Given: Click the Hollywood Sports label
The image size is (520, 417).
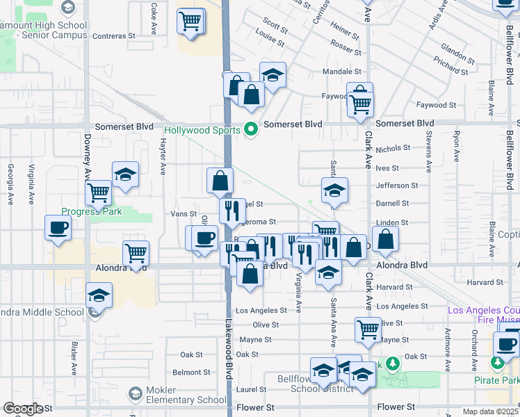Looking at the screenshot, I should pyautogui.click(x=202, y=130).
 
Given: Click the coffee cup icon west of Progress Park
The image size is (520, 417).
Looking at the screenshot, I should pyautogui.click(x=58, y=227).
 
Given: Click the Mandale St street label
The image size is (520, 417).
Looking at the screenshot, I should pyautogui.click(x=341, y=72).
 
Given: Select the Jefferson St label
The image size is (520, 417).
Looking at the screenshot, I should pyautogui.click(x=396, y=186).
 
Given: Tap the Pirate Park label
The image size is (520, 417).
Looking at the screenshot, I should pyautogui.click(x=503, y=380).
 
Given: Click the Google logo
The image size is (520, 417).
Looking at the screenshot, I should pyautogui.click(x=23, y=409).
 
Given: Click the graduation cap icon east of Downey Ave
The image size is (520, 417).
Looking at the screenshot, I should pyautogui.click(x=126, y=175).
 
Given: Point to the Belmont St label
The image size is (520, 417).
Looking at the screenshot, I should pyautogui.click(x=187, y=373).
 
